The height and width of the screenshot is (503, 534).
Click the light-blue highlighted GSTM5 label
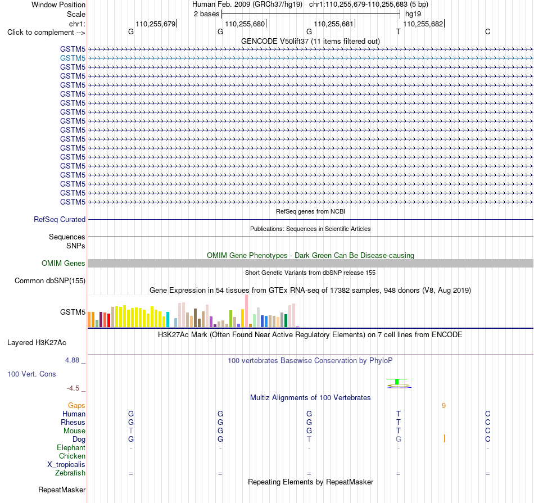[73, 58]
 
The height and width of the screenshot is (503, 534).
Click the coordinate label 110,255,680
[245, 24]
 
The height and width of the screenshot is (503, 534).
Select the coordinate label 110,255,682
[423, 24]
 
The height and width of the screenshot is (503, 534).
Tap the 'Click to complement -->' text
[46, 33]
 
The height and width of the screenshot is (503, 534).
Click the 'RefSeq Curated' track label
[59, 219]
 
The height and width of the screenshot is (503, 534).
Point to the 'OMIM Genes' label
[63, 263]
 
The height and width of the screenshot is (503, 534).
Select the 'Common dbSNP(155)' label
[49, 280]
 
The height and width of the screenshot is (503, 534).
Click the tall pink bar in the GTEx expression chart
[246, 311]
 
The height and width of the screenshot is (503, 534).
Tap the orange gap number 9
[444, 405]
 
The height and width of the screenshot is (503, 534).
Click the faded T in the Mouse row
[131, 431]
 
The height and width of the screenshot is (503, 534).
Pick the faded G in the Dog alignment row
[398, 439]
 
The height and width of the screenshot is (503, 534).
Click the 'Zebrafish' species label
[70, 473]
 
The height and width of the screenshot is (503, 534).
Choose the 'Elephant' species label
[71, 447]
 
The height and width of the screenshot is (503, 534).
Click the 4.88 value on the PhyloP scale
[72, 360]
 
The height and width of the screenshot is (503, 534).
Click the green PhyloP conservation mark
[397, 382]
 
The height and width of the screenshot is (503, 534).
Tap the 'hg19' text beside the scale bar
[413, 14]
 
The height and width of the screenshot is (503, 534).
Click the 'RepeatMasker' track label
[62, 490]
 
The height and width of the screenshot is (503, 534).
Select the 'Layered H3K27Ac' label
[37, 343]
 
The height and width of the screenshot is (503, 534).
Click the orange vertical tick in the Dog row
[444, 438]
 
